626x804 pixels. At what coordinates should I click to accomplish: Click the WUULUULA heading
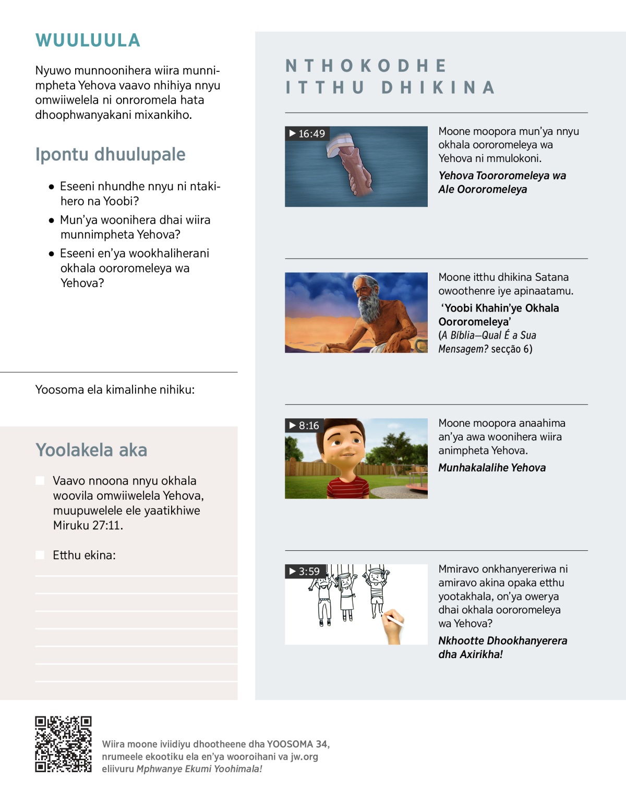point(88,41)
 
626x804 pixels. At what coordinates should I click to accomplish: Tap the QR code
point(63,744)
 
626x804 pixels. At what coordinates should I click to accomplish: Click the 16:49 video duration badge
point(307,133)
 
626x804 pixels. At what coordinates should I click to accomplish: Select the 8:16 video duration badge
point(304,425)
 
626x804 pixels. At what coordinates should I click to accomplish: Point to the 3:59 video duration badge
point(305,571)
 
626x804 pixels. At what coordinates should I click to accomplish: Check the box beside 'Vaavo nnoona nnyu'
point(40,480)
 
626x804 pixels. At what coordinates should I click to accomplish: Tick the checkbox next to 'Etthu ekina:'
point(40,555)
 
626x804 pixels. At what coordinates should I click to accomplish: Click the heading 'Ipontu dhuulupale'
point(110,154)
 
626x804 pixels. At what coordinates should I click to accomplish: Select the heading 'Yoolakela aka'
point(91,450)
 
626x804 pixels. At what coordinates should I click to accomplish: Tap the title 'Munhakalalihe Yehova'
point(492,467)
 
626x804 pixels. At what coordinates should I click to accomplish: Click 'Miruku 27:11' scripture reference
point(87,525)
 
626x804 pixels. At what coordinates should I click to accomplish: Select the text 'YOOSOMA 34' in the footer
point(297,744)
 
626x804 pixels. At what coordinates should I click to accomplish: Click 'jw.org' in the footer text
point(304,757)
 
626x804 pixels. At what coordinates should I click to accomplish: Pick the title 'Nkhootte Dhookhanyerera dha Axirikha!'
point(502,647)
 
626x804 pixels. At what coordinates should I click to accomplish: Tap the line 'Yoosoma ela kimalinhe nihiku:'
point(115,390)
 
